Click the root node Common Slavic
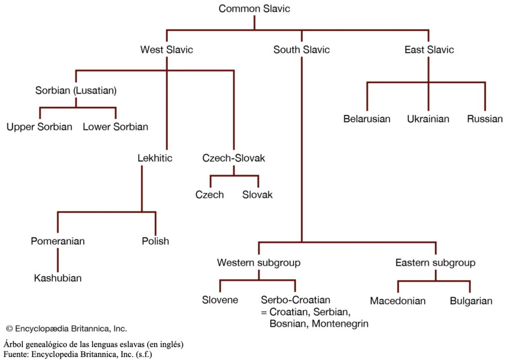tap(254, 8)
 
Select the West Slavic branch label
tap(167, 50)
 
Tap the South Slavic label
tap(301, 50)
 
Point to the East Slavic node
tap(429, 50)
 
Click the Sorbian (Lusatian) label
tap(76, 90)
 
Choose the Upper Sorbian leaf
tap(39, 127)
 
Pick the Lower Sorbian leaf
tap(115, 127)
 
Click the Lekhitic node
tap(155, 159)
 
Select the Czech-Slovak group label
tap(234, 159)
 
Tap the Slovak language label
tap(257, 195)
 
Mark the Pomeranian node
tap(58, 241)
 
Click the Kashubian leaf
tap(58, 278)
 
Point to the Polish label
tap(155, 241)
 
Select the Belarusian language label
tap(367, 119)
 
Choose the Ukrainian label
tap(428, 119)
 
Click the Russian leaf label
tap(485, 119)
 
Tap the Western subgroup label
tap(258, 263)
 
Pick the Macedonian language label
tap(398, 301)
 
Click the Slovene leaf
tap(220, 300)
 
